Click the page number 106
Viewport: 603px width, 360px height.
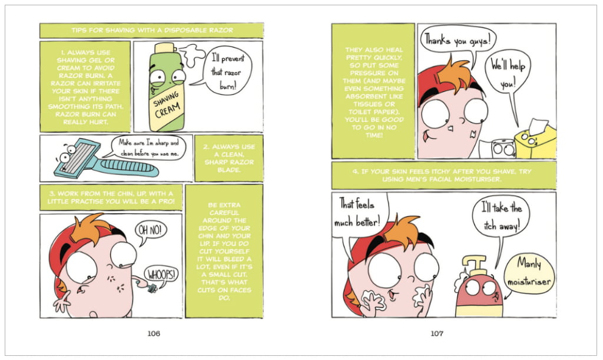(154, 333)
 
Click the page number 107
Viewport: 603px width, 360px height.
(437, 333)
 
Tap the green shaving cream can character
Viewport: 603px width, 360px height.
(167, 88)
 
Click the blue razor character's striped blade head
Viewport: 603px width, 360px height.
(77, 158)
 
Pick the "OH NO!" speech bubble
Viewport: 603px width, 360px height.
(150, 232)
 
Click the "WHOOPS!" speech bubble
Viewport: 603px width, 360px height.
(161, 275)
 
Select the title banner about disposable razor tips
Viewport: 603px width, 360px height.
(151, 31)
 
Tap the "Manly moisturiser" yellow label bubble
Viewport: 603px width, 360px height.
(529, 273)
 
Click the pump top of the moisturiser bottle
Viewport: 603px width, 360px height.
(476, 265)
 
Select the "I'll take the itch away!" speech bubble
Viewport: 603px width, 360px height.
(501, 218)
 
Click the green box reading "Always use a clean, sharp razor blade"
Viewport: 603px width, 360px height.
(229, 158)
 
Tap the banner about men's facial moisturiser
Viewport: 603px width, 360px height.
(444, 176)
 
